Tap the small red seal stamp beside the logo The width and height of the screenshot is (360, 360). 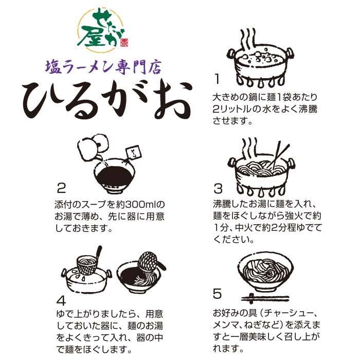coord(124,42)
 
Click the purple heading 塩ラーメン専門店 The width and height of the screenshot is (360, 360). coord(103,67)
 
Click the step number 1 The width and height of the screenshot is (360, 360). coord(217,79)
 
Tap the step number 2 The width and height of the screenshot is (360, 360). coord(61,188)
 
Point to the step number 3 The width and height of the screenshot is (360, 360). coord(218,189)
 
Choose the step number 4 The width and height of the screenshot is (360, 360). coord(61,300)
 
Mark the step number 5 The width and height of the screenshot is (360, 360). coord(217,294)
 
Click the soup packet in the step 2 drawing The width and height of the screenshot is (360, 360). coord(133,152)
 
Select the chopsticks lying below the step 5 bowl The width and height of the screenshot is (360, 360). coord(265,298)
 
